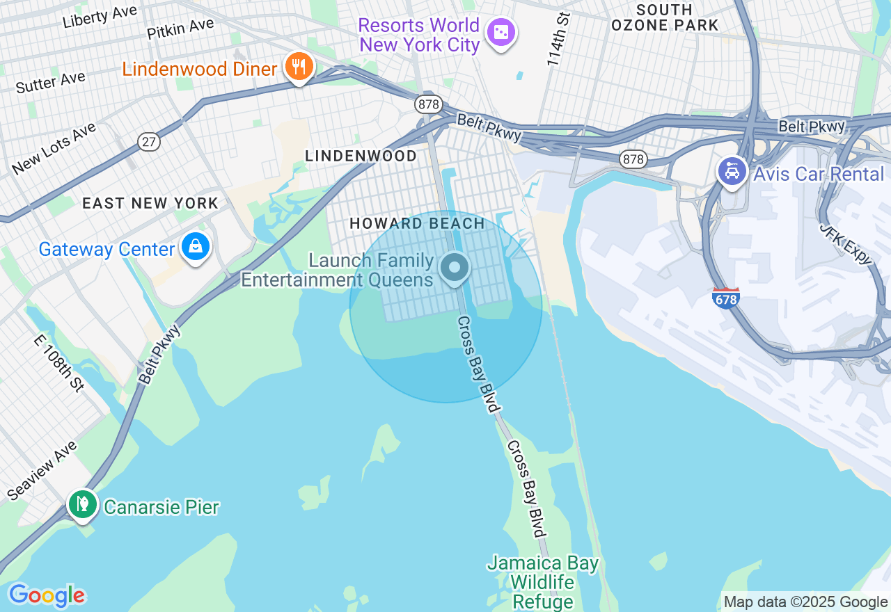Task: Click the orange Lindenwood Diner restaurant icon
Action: coord(299,67)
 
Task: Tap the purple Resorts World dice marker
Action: coord(500,32)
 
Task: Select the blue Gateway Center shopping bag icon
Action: coord(196,246)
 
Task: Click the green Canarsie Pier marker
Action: coord(83,503)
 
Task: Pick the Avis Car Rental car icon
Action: coord(732,170)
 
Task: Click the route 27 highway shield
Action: coord(149,142)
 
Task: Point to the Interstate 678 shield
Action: coord(725,298)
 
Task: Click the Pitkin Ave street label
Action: coord(180,29)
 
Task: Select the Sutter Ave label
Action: coord(50,82)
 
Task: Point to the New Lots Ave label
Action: coord(54,147)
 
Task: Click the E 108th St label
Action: coord(59,362)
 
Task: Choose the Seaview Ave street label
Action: coord(42,470)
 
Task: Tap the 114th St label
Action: coord(558,39)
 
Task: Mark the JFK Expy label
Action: coord(845,243)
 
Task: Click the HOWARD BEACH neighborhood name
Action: coord(417,223)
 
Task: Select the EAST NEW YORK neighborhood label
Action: coord(150,203)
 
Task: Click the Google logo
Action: coord(47,595)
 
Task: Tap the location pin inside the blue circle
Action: coord(455,267)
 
